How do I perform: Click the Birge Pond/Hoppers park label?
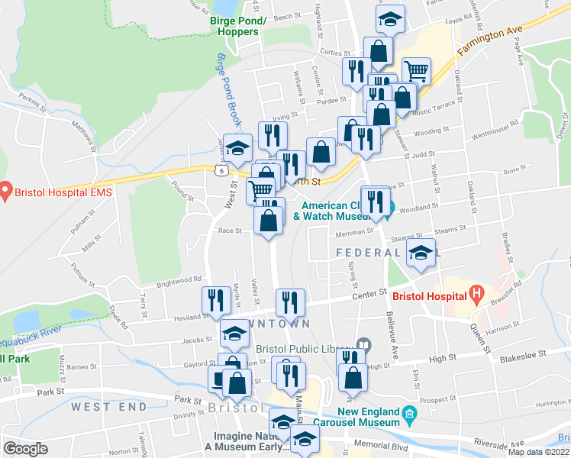[237, 27]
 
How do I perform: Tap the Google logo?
[25, 449]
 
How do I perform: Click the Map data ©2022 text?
[538, 452]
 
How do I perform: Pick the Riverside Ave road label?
[500, 442]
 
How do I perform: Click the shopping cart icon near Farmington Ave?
[416, 72]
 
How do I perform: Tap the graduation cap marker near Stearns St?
[419, 254]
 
